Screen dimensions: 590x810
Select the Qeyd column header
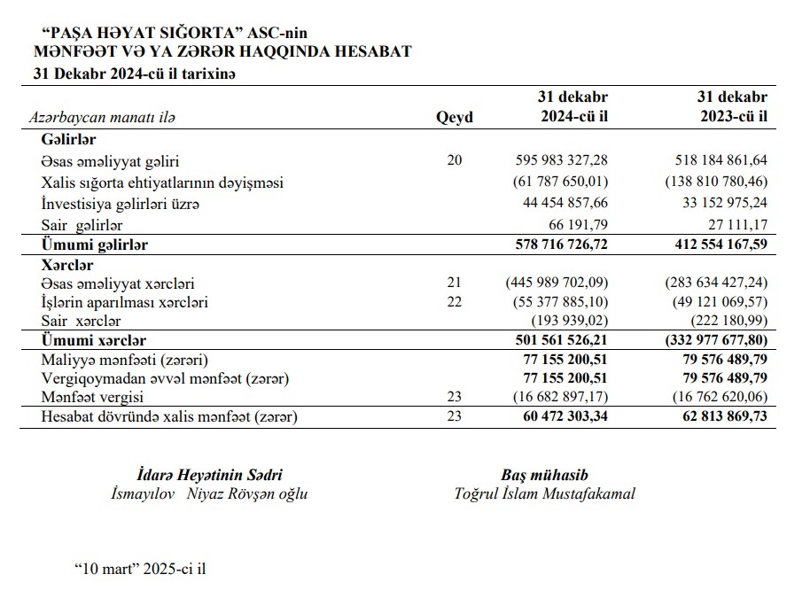click(x=455, y=118)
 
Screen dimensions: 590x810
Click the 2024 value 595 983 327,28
click(x=562, y=161)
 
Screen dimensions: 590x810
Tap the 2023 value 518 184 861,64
click(x=720, y=161)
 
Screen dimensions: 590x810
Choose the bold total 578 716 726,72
click(x=562, y=245)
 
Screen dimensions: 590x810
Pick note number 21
click(x=455, y=283)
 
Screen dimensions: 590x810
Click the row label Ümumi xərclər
click(x=93, y=340)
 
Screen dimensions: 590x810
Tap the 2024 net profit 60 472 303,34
click(x=562, y=416)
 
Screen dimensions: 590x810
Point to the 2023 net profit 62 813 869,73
click(x=720, y=416)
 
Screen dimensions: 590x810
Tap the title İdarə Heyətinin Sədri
click(x=210, y=476)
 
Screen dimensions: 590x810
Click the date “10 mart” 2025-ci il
click(x=139, y=567)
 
